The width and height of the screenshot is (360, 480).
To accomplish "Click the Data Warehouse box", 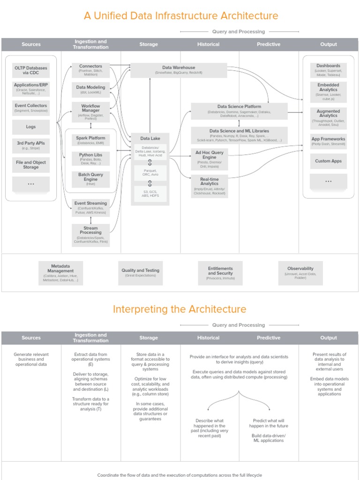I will point(179,70).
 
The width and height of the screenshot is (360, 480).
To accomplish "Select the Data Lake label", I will point(150,138).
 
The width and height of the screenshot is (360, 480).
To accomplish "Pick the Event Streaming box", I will point(90,208).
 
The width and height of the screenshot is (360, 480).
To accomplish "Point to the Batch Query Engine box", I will point(90,179).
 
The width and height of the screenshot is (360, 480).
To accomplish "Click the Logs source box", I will point(30,127).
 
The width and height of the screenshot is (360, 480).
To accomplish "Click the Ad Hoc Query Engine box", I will point(210,159).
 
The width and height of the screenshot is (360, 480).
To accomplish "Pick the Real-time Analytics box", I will point(210,185).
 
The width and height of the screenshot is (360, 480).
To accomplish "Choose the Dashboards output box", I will point(328,70).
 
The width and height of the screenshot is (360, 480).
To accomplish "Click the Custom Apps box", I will point(328,161).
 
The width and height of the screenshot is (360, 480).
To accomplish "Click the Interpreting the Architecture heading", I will point(180,309).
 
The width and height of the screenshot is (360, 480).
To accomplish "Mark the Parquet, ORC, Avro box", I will point(150,172).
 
